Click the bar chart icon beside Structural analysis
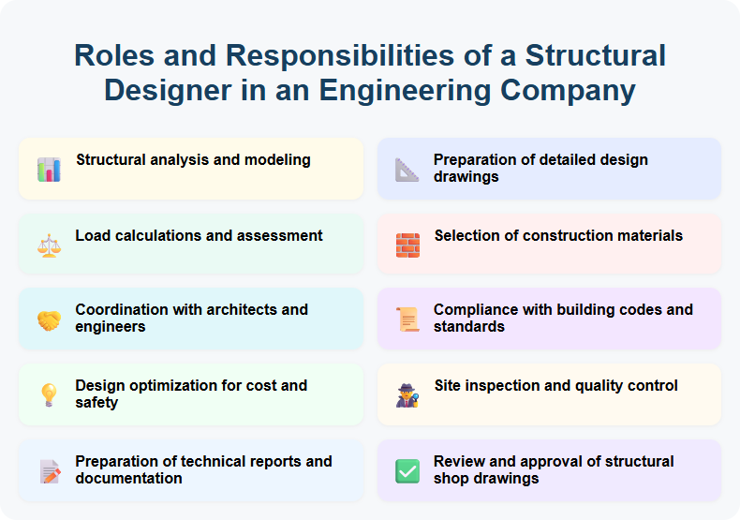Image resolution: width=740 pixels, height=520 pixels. pos(49,170)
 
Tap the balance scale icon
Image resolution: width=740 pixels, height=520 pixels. pos(49,245)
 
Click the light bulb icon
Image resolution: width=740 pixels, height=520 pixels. pos(49,395)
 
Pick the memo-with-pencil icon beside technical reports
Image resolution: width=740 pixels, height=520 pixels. pos(49,471)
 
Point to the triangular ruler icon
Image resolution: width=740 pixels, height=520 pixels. pos(407,170)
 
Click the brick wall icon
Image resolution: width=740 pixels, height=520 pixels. pos(407,245)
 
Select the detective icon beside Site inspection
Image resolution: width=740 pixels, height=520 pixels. pos(407,395)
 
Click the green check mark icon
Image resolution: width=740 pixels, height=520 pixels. pos(407,471)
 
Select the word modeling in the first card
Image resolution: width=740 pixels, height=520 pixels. pos(277,160)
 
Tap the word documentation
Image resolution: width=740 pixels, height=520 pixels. pos(129,478)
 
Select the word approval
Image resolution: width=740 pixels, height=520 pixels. pos(573,461)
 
